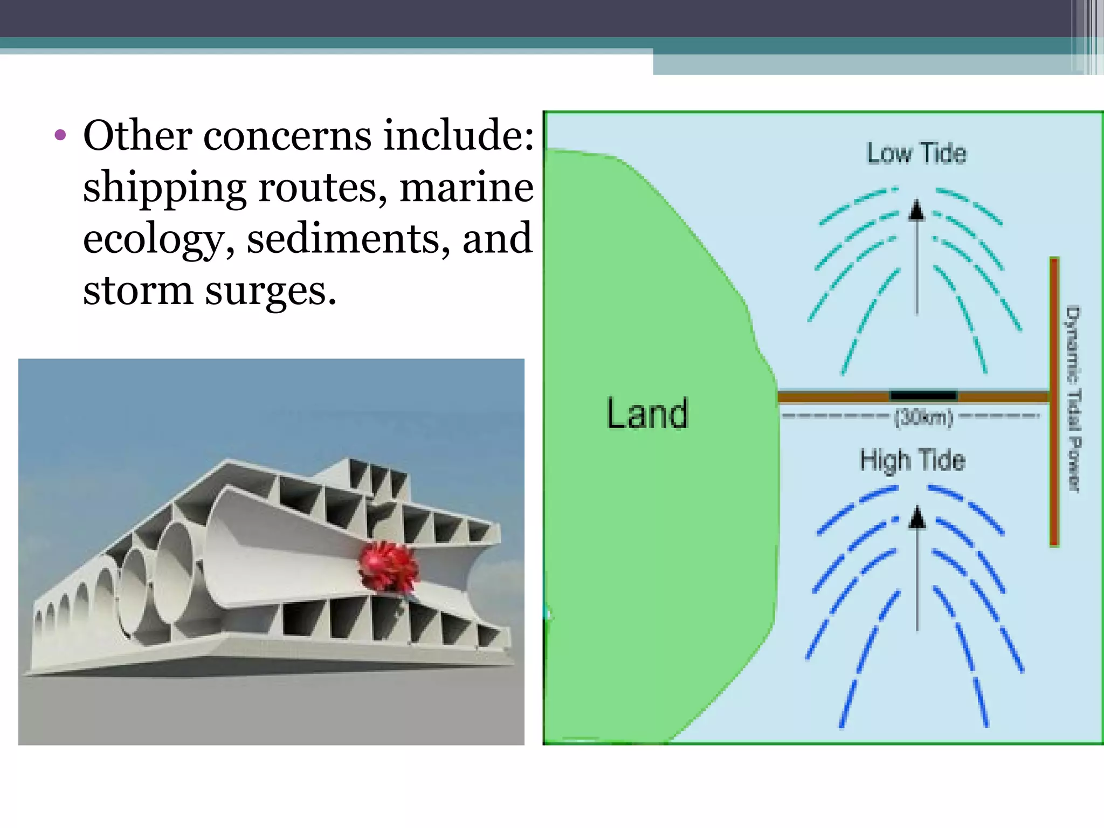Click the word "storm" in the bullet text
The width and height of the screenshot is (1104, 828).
pyautogui.click(x=137, y=291)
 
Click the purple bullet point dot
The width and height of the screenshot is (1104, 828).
pyautogui.click(x=60, y=135)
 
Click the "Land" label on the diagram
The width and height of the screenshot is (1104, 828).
pyautogui.click(x=647, y=413)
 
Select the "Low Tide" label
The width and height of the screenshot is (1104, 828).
pyautogui.click(x=916, y=153)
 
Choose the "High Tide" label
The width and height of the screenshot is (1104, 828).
pyautogui.click(x=912, y=460)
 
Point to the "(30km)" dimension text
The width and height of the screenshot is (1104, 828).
pyautogui.click(x=923, y=417)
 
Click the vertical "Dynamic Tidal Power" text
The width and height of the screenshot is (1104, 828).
pyautogui.click(x=1073, y=399)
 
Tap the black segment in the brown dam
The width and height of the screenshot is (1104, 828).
pyautogui.click(x=923, y=396)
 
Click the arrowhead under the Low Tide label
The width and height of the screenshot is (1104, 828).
pyautogui.click(x=916, y=210)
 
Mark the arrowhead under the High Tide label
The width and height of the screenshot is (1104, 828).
pyautogui.click(x=917, y=518)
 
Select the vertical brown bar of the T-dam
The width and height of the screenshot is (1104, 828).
pyautogui.click(x=1054, y=402)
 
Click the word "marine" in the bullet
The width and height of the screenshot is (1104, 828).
pyautogui.click(x=466, y=187)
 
